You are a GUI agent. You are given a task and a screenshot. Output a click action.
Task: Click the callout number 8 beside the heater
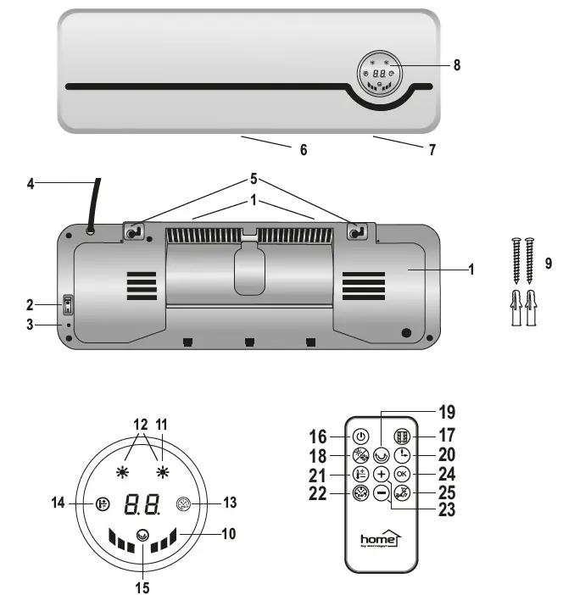pos(457,65)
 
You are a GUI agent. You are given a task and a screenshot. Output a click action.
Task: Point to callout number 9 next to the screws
pos(549,264)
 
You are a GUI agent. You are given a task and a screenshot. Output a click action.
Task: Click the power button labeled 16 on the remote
pos(360,437)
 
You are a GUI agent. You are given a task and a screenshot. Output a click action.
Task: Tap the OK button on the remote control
pos(401,475)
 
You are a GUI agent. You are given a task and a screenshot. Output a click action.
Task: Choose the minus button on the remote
pos(382,493)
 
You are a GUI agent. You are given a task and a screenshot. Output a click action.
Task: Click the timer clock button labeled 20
pos(401,455)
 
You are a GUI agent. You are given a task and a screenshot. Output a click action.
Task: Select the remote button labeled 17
pos(401,437)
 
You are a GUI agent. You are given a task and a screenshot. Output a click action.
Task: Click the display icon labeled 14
pos(103,503)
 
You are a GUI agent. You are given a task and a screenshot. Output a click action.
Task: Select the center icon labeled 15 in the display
pos(142,536)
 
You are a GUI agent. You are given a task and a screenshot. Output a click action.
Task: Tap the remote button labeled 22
pos(360,493)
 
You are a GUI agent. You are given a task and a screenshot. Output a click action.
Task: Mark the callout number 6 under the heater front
pos(303,150)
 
